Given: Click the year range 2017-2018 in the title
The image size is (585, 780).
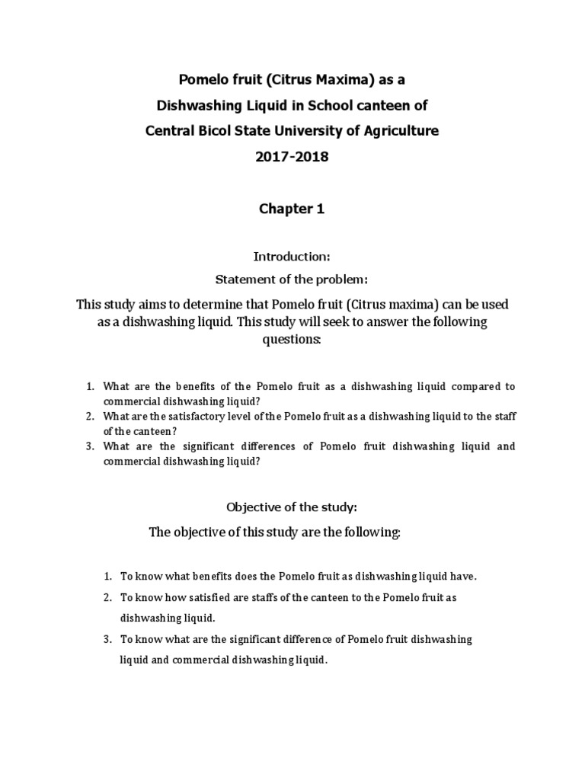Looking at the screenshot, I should [x=292, y=156].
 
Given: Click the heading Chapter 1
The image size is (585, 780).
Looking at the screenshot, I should [x=292, y=209].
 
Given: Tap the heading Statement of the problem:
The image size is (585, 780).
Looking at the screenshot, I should [x=292, y=280].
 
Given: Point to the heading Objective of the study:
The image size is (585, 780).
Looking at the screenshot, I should [x=292, y=507].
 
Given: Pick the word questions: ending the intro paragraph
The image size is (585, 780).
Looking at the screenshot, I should [x=292, y=339].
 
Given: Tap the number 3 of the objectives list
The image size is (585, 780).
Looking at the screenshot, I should [x=109, y=640].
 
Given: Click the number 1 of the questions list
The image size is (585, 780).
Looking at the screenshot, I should [x=90, y=387].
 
